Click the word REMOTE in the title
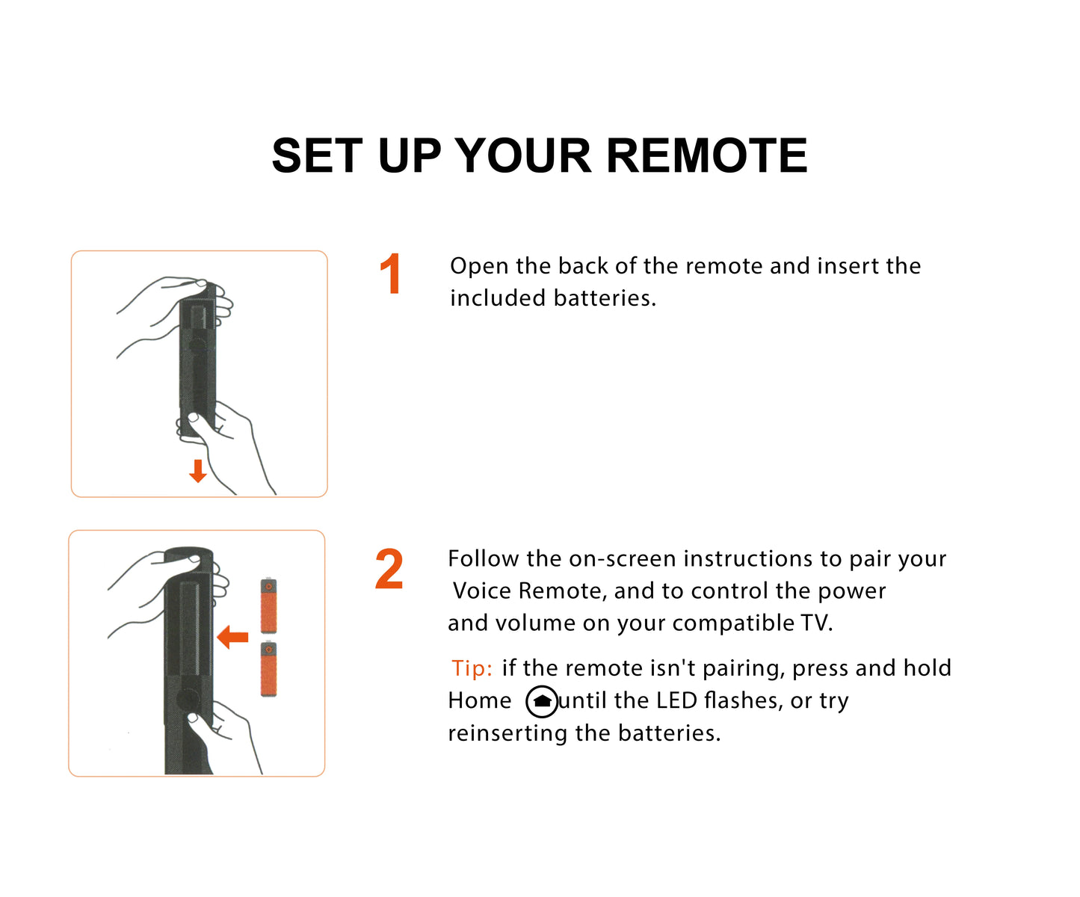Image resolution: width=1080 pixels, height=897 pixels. [x=706, y=156]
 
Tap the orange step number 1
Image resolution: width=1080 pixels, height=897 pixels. [x=390, y=275]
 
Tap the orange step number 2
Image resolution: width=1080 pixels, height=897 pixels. [x=389, y=570]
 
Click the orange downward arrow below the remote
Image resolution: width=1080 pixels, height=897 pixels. [x=198, y=471]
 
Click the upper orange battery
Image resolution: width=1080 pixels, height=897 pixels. [x=268, y=605]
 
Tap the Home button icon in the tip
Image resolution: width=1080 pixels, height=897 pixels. [x=542, y=702]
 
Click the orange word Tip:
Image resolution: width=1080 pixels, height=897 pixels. [x=472, y=668]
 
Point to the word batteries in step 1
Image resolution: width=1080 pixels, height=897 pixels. [x=604, y=298]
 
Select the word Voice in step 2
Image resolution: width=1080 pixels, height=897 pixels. [x=483, y=591]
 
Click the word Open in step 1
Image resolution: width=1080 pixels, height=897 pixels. [x=479, y=267]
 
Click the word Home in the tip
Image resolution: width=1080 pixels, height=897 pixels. [x=480, y=701]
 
